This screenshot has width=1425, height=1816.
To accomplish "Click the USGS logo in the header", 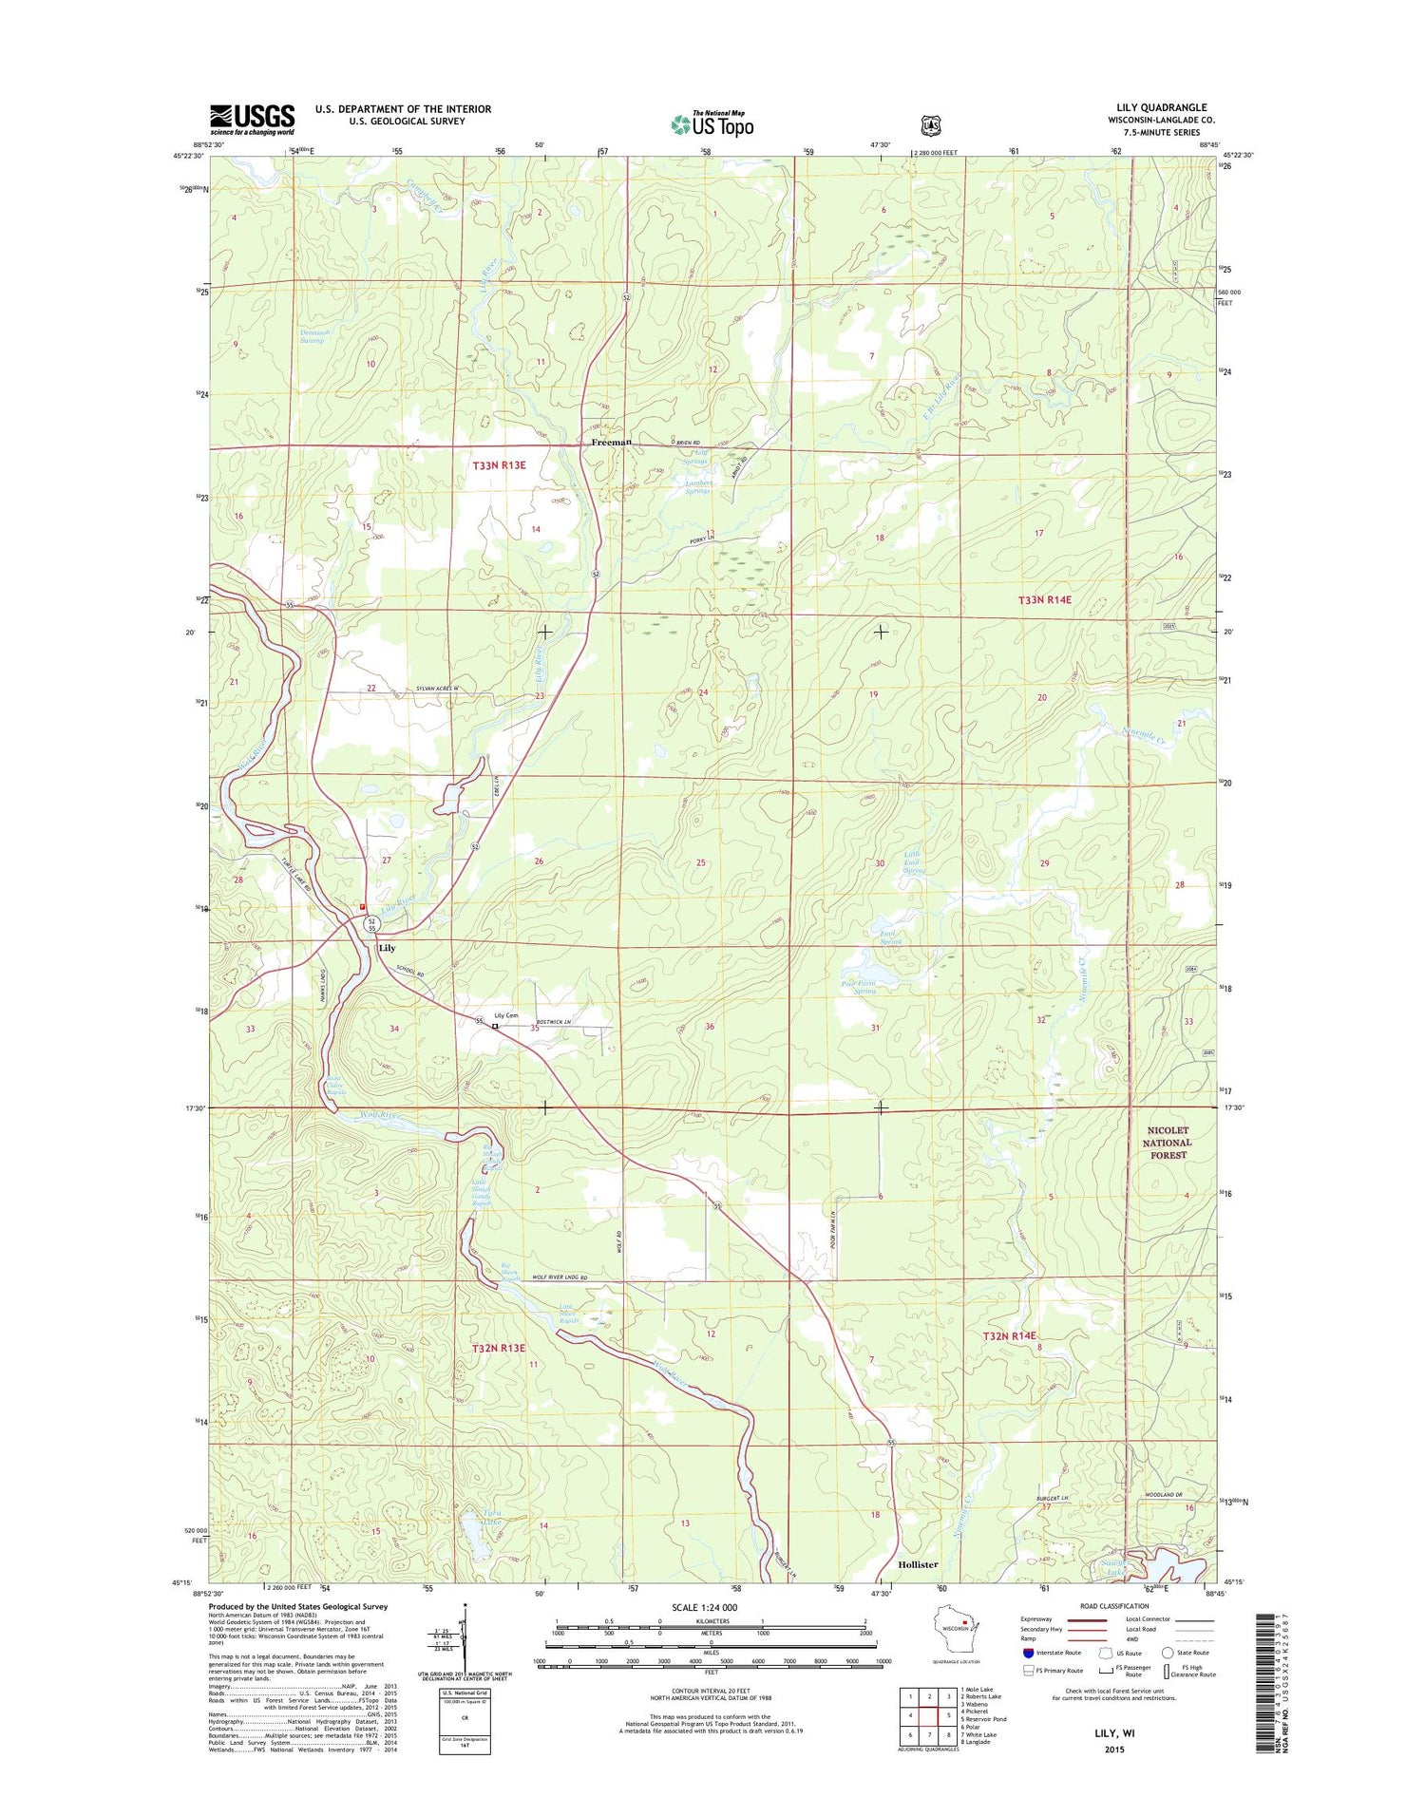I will tap(252, 119).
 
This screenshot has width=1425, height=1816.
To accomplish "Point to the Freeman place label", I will tap(611, 443).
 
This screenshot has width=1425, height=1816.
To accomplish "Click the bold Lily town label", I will tap(387, 948).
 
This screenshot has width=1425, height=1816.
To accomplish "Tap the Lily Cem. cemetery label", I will tap(506, 1015).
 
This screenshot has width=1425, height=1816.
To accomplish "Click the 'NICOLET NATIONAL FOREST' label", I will tap(1167, 1143).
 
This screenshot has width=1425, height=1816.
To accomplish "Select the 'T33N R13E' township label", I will tap(500, 465).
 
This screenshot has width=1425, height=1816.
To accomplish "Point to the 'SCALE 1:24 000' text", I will tap(704, 1608).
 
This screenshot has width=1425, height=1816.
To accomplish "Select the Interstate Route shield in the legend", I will tap(1029, 1653).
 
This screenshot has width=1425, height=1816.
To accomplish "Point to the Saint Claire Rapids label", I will tap(335, 1086).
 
